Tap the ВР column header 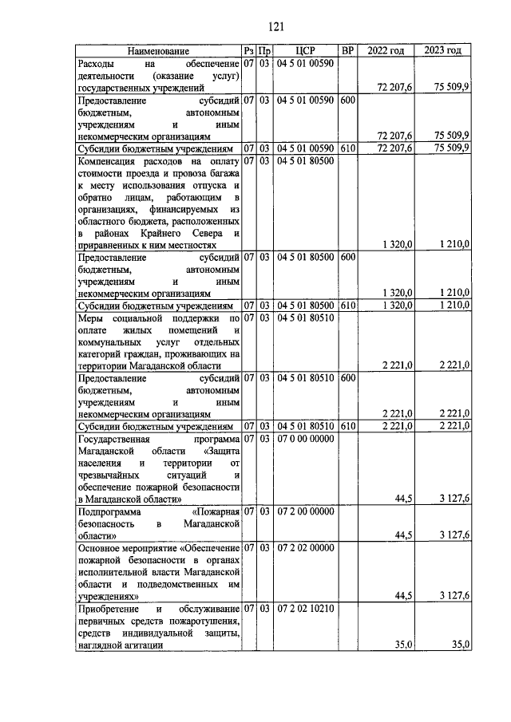pyautogui.click(x=347, y=51)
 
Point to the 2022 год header pyautogui.click(x=386, y=51)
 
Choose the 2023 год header pyautogui.click(x=444, y=51)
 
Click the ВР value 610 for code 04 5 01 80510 pyautogui.click(x=347, y=426)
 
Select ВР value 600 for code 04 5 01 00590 pyautogui.click(x=347, y=101)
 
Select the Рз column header pyautogui.click(x=249, y=51)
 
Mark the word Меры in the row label pyautogui.click(x=89, y=318)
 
